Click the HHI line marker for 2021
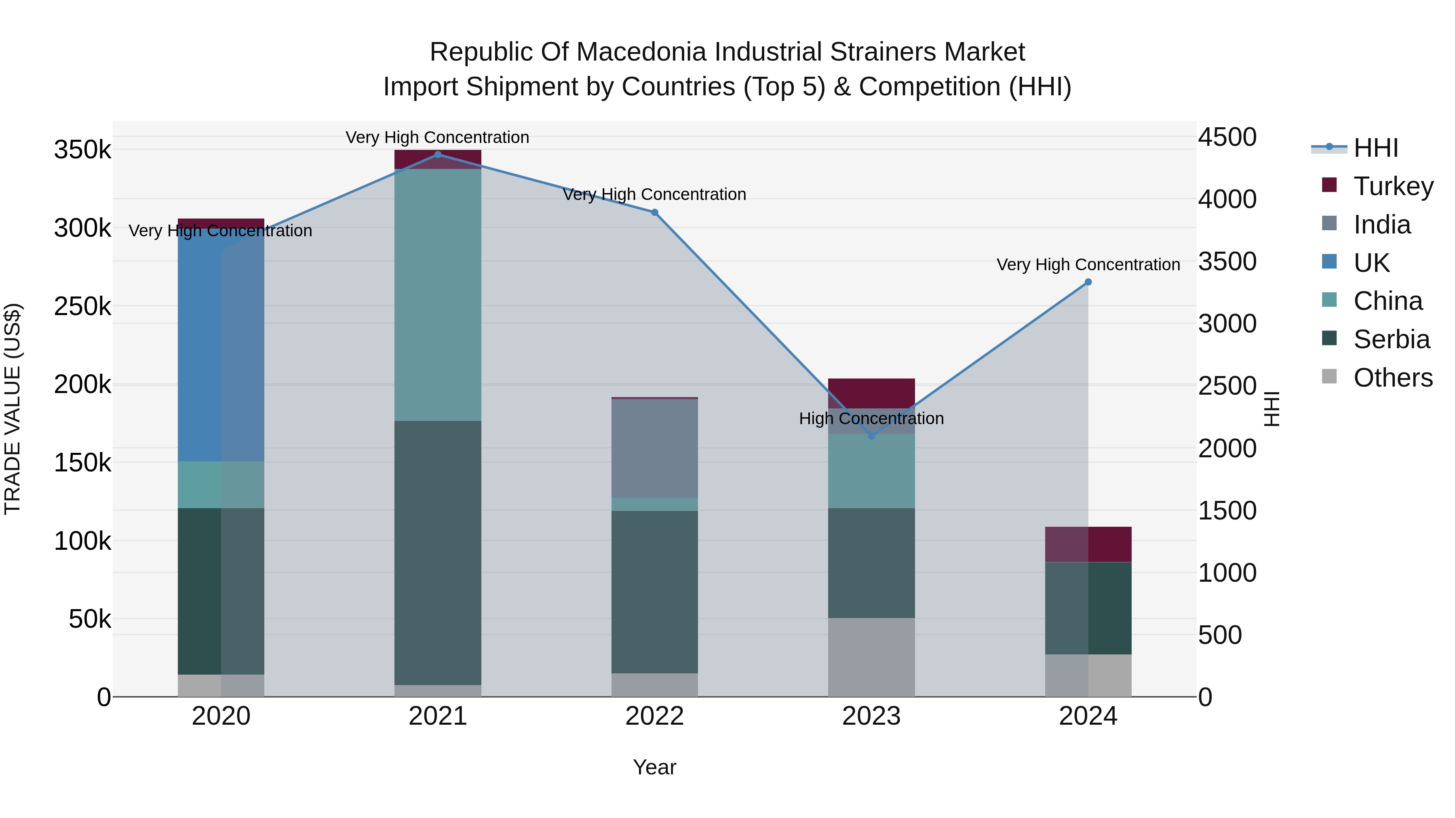tap(438, 155)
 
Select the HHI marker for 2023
tap(871, 436)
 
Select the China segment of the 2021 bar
tap(438, 294)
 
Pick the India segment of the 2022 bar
tap(655, 449)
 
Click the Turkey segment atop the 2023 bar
tap(871, 393)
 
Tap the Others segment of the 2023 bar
tap(871, 657)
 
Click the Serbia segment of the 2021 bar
tap(438, 553)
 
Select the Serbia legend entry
tap(1391, 339)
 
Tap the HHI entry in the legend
tap(1376, 148)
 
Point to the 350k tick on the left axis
tap(82, 150)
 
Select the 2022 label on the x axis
tap(655, 716)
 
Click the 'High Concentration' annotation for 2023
tap(871, 419)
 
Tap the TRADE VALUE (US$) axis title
tap(13, 409)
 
